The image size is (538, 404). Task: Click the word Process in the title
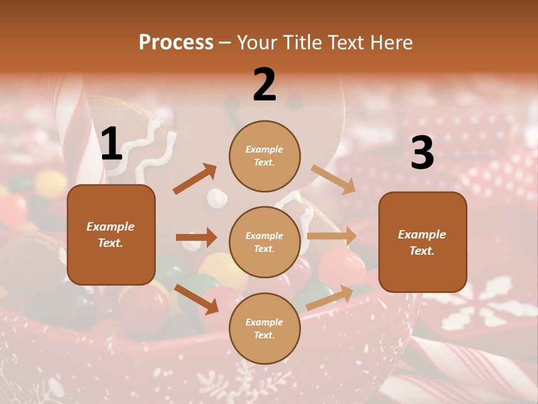point(176,43)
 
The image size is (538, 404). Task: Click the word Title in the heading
point(300,43)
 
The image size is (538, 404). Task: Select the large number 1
point(112,144)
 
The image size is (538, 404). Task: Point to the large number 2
point(265,85)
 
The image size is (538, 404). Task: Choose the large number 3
point(422,153)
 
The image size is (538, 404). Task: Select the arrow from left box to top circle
point(195,179)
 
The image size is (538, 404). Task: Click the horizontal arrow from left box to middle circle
point(196,237)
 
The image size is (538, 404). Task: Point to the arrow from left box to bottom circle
point(196,299)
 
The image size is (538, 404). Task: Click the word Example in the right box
point(422,235)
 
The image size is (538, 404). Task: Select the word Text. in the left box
point(110,243)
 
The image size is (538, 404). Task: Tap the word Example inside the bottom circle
point(265,322)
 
